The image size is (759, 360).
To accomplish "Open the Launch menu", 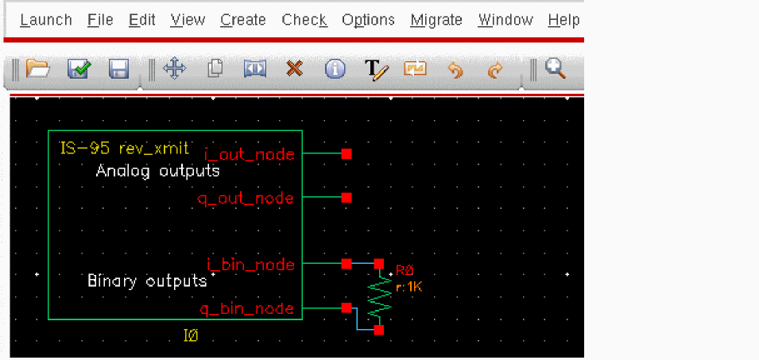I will tap(46, 20).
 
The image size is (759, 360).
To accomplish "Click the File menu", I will tap(100, 20).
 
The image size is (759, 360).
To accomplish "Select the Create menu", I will tap(243, 20).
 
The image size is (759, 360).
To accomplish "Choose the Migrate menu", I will tap(436, 20).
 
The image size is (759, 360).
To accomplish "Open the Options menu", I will tap(368, 20).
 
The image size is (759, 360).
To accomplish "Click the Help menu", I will tap(563, 20).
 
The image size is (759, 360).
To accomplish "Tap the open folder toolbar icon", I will tap(37, 69).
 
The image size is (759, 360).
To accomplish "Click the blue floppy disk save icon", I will tap(118, 69).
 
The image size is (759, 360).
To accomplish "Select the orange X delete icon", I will tap(294, 69).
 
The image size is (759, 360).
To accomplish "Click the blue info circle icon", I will tap(335, 69).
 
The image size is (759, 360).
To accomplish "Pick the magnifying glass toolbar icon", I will tap(556, 69).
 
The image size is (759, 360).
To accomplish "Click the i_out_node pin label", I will tap(249, 154).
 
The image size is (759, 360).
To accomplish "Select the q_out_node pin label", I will tap(246, 198).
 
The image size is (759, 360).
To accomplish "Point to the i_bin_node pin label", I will tap(250, 265).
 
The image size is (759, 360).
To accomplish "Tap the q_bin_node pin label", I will tap(246, 308).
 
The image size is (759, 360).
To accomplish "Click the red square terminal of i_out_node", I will tap(346, 154).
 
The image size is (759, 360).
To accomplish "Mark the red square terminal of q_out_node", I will tap(346, 198).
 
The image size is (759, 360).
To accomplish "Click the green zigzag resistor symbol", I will tap(380, 296).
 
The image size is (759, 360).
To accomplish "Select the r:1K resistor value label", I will tap(409, 287).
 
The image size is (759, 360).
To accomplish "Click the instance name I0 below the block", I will tap(191, 336).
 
